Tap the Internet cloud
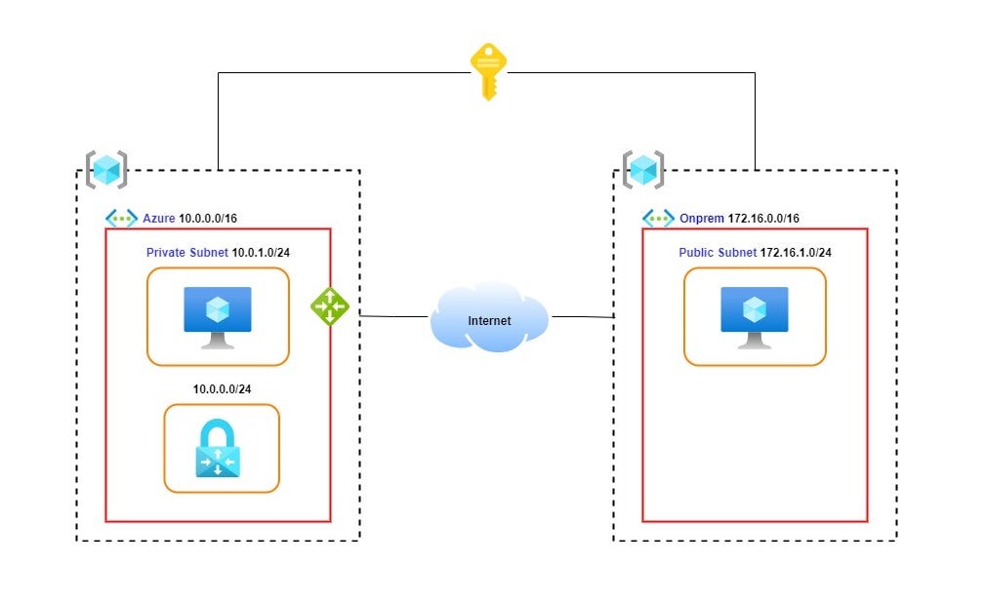[x=489, y=318]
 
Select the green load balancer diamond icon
[x=330, y=305]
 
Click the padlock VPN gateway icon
[x=222, y=448]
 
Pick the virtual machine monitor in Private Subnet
[x=218, y=316]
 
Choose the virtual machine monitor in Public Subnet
[x=755, y=316]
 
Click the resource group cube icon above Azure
[x=105, y=170]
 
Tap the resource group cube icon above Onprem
[x=642, y=170]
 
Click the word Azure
[x=159, y=219]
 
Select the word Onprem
[x=700, y=219]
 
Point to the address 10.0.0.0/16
[x=208, y=219]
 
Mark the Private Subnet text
[x=186, y=253]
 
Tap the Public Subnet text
[x=718, y=253]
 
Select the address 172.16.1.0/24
[x=796, y=253]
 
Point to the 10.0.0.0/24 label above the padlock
[x=222, y=388]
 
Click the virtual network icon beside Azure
[x=122, y=219]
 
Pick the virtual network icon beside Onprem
[x=659, y=219]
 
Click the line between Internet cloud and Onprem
[x=581, y=317]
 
